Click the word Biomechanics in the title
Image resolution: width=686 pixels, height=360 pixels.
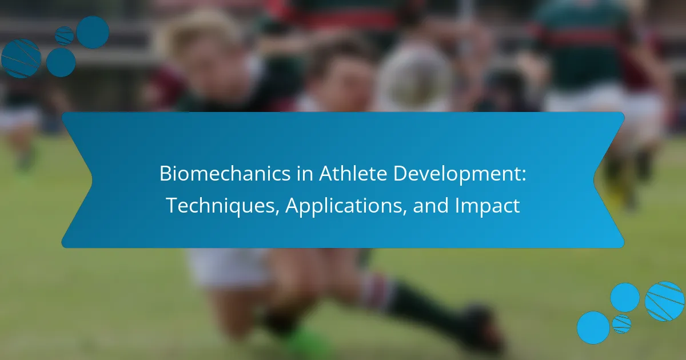(x=225, y=174)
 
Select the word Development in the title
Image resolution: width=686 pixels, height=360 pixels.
(x=456, y=174)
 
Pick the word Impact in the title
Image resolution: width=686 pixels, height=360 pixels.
(x=487, y=206)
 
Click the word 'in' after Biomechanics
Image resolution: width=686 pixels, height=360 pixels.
(x=305, y=174)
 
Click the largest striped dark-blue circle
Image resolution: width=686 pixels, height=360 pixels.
(x=21, y=58)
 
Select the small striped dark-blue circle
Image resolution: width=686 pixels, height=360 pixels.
(x=64, y=35)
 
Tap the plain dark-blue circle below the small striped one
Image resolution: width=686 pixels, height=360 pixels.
(x=61, y=62)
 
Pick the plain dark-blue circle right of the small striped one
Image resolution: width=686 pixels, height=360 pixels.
(x=93, y=33)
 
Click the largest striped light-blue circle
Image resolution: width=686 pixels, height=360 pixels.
(x=665, y=301)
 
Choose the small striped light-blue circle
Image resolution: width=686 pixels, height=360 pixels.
(x=622, y=324)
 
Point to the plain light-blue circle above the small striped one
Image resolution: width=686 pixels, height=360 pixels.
(x=625, y=298)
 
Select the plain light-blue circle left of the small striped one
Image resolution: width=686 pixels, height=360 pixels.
(x=593, y=327)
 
